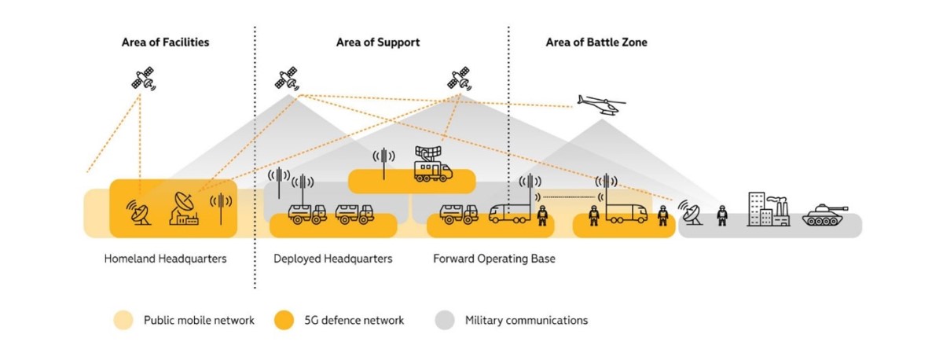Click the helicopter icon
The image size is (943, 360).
pos(601,105)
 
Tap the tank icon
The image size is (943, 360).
pos(825,215)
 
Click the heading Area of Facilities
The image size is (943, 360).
pos(165,42)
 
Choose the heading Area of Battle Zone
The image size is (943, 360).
pos(596,42)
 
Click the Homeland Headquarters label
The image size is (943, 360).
pos(165,259)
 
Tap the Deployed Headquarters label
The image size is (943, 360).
pos(332,259)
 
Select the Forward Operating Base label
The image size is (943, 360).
pos(494,259)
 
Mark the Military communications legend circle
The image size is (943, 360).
pos(445,320)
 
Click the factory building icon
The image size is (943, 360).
pos(768,209)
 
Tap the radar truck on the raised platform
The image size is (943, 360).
pos(432,164)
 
